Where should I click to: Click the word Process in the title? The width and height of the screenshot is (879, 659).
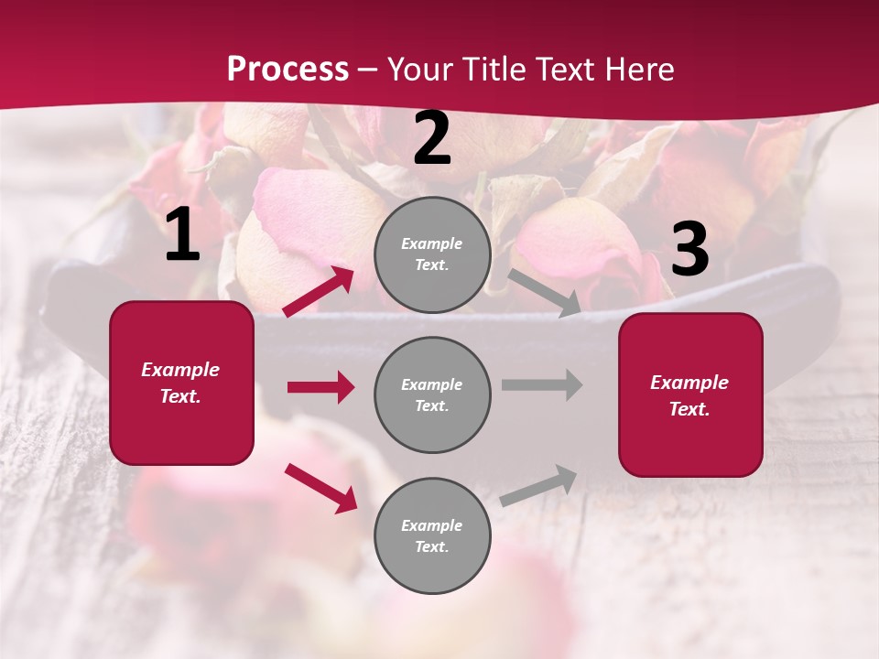(288, 70)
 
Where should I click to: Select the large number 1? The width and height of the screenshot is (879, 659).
(182, 235)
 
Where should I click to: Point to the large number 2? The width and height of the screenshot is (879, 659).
(432, 139)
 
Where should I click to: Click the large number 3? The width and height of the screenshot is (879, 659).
(689, 250)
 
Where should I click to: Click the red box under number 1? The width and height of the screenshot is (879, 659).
(181, 383)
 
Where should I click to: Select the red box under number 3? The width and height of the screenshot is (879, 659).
(690, 395)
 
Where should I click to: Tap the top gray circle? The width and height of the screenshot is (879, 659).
(432, 254)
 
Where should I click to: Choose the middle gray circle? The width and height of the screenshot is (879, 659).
(432, 395)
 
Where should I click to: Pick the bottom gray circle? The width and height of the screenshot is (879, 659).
(432, 535)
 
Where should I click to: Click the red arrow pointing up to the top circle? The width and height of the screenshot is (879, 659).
(319, 292)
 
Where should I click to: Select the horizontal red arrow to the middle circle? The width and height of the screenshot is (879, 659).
(320, 387)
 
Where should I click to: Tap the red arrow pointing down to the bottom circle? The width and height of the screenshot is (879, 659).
(321, 488)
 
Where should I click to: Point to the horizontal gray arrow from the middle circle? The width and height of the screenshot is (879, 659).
(542, 384)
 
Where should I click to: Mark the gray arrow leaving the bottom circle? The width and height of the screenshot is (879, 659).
(539, 486)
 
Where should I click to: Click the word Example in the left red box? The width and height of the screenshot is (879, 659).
(180, 370)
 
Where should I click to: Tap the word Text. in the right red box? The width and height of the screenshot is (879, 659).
(689, 409)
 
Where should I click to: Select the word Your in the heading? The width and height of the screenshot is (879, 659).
(418, 70)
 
